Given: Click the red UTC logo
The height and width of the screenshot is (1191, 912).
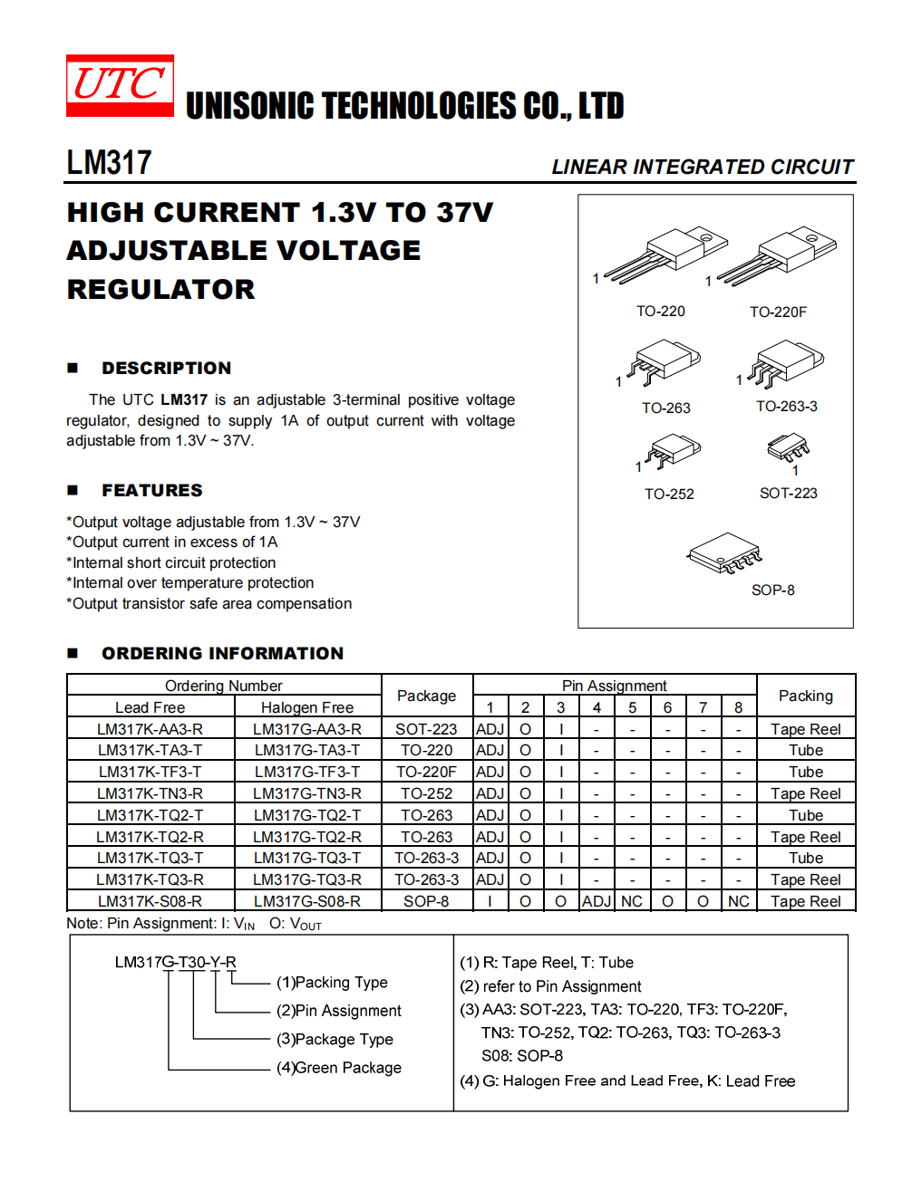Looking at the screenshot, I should point(120,85).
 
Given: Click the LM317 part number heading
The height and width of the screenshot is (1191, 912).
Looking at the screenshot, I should point(109,163).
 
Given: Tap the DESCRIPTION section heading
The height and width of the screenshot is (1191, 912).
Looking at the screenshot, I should point(166,368).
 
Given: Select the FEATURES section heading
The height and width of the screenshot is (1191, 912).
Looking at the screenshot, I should point(151,490).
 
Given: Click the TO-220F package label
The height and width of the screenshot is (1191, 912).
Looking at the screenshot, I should point(778,312).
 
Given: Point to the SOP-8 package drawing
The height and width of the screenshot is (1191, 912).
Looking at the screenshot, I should point(724,552).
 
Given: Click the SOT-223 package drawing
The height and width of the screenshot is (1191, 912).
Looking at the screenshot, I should point(787,447).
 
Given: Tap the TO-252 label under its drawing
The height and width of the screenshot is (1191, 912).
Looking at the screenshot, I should point(669,494).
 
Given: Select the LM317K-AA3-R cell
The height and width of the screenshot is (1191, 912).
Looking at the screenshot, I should point(150,729).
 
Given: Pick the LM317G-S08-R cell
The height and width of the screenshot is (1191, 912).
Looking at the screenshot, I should point(307,901).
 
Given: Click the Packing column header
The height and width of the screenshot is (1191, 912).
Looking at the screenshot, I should point(805,696).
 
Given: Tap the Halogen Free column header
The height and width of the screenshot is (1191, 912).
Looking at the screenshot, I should point(307,707).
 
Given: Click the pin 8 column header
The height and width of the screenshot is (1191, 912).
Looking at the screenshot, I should point(738,707).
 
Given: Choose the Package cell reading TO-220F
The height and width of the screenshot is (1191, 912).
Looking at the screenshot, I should point(426,772).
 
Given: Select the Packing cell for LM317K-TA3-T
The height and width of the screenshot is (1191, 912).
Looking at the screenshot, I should point(805,750).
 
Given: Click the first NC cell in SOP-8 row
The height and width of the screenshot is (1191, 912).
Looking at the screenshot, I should point(632,901).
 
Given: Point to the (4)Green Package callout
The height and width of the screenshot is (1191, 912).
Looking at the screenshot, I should point(339,1068).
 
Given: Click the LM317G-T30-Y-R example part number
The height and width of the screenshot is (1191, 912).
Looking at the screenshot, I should point(175,962).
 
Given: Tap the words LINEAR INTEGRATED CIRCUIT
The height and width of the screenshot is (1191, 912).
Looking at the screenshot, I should point(703,167).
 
